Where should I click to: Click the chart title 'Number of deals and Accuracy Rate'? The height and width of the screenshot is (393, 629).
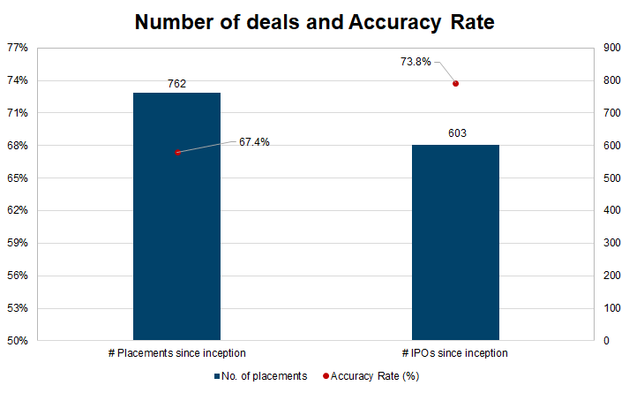(314, 21)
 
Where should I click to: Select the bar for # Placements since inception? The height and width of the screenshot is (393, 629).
(176, 216)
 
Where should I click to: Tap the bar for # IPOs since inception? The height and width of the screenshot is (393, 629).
(455, 242)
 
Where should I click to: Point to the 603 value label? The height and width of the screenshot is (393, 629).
(455, 134)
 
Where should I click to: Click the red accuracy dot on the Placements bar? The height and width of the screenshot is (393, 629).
(177, 152)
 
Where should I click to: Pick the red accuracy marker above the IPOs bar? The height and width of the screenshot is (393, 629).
(455, 84)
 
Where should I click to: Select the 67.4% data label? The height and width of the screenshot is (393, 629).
(254, 141)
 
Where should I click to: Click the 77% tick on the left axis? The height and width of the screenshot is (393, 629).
(18, 48)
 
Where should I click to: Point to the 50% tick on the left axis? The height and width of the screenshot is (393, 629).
(18, 341)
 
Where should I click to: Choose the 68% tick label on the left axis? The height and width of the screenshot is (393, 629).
(18, 146)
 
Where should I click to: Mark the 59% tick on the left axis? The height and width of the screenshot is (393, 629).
(18, 243)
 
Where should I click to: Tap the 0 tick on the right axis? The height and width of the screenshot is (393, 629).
(605, 341)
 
